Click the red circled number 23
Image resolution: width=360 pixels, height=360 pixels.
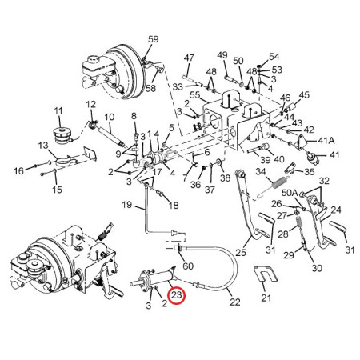click(x=177, y=295)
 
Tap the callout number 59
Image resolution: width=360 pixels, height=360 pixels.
click(x=153, y=39)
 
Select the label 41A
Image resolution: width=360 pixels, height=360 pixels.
click(x=326, y=140)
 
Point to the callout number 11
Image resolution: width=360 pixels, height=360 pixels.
click(x=58, y=110)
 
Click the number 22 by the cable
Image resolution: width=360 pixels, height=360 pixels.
click(x=234, y=302)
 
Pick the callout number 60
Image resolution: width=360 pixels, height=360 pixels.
click(x=188, y=266)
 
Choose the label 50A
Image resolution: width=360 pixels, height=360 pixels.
click(x=290, y=193)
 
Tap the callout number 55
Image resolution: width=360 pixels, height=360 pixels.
click(x=194, y=95)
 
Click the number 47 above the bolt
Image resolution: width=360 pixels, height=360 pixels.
click(x=189, y=58)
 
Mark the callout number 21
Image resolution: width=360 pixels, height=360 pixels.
click(x=266, y=298)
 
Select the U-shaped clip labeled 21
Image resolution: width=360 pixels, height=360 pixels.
click(x=266, y=274)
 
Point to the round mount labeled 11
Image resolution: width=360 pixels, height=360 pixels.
click(x=62, y=136)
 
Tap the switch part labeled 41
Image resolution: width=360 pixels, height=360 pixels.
click(x=311, y=158)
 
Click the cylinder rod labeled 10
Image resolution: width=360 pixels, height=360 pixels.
click(x=111, y=136)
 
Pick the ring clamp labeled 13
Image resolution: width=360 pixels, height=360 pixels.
click(x=63, y=162)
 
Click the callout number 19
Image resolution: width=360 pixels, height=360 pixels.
click(x=127, y=205)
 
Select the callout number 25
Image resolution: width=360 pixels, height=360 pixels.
click(x=240, y=252)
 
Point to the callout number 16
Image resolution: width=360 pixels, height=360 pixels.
click(x=18, y=170)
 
